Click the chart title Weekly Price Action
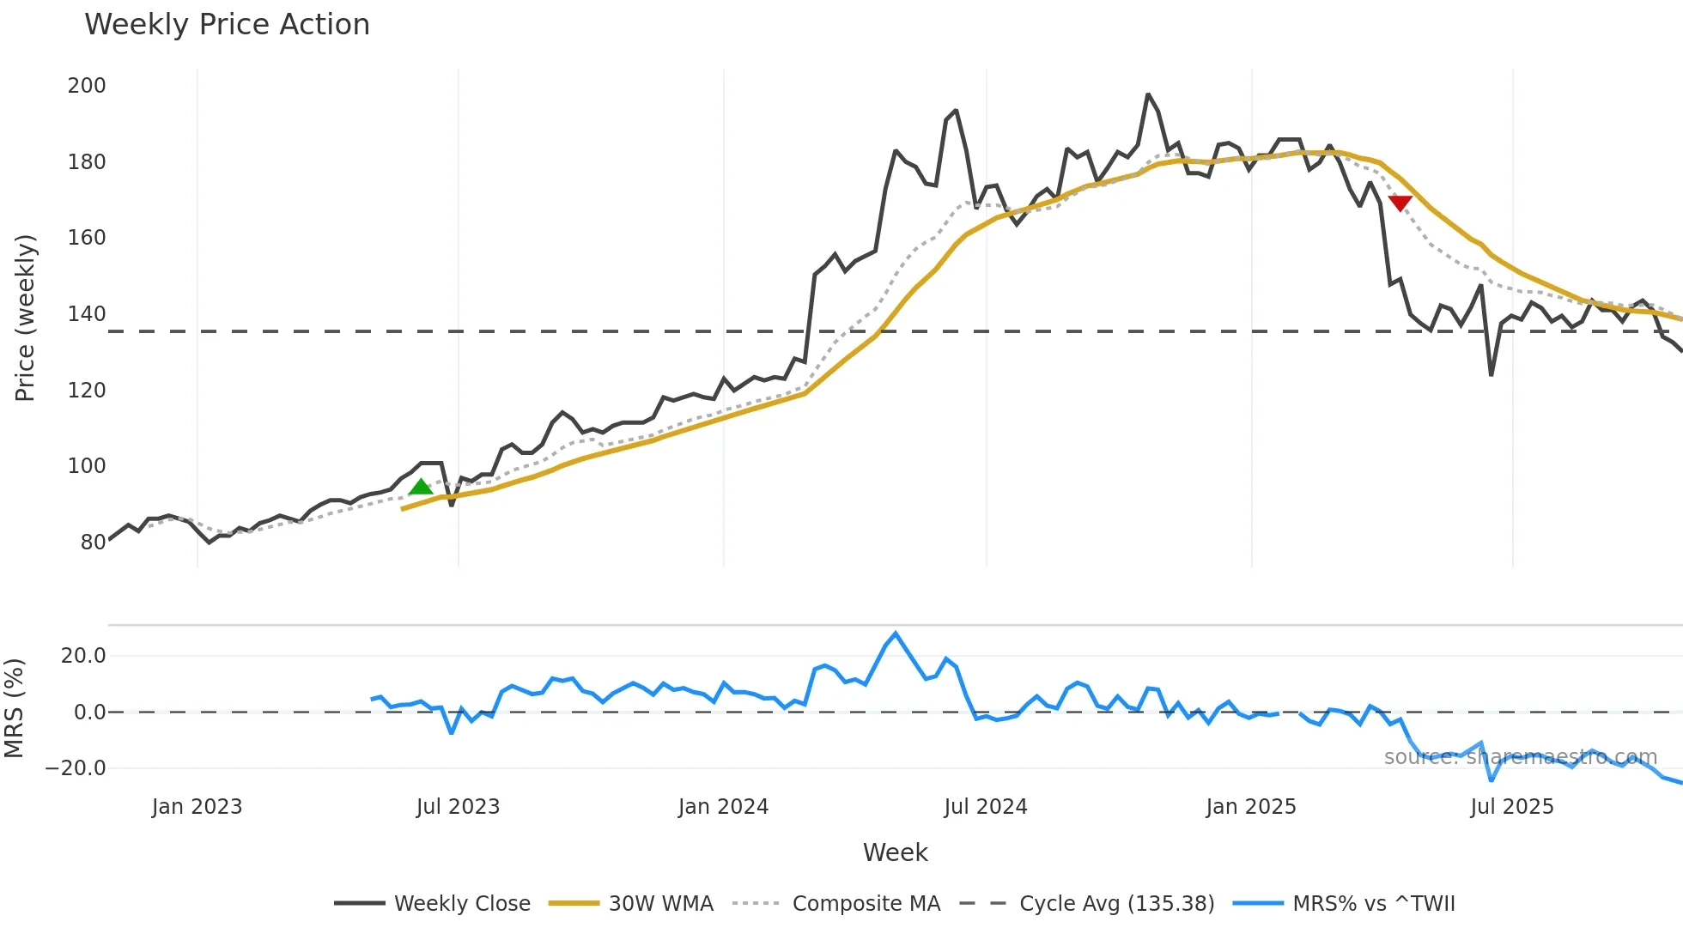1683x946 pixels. [227, 25]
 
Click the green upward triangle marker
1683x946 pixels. [421, 488]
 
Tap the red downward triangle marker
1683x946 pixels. [1400, 203]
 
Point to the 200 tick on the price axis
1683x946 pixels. [87, 86]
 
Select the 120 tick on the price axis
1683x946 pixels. [87, 391]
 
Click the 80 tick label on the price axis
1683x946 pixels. [93, 543]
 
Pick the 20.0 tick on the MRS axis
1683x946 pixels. [83, 656]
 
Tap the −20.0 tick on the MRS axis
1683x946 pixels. [76, 768]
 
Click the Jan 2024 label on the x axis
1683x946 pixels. [723, 807]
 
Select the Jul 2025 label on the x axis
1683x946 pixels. [1512, 807]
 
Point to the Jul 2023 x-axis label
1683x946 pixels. [458, 807]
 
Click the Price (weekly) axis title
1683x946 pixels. [26, 318]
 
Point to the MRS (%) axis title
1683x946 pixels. [15, 708]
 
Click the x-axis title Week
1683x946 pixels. [895, 852]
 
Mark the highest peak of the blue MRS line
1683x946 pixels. [896, 634]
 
